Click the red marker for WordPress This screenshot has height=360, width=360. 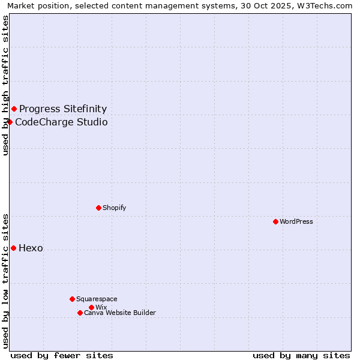(275, 221)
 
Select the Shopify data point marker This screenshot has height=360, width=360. (98, 208)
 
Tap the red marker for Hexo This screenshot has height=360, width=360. (13, 248)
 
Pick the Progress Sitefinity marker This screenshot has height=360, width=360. (14, 109)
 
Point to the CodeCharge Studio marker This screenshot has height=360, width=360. (10, 122)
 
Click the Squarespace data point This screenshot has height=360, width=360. (72, 299)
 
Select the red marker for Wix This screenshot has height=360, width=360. (91, 307)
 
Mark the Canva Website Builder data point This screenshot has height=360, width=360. (80, 313)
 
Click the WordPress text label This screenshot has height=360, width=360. (296, 221)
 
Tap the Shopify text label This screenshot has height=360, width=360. (114, 208)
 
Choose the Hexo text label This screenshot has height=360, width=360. (31, 248)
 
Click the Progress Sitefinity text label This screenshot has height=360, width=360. (63, 109)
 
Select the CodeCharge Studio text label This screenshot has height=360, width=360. (61, 122)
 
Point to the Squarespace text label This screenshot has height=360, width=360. (97, 299)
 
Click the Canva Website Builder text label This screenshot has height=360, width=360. (120, 313)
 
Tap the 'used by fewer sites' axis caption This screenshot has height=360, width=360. (62, 355)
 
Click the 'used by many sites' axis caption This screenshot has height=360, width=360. (301, 355)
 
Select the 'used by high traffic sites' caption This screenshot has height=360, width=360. (5, 85)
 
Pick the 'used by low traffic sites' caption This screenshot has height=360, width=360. (5, 280)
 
